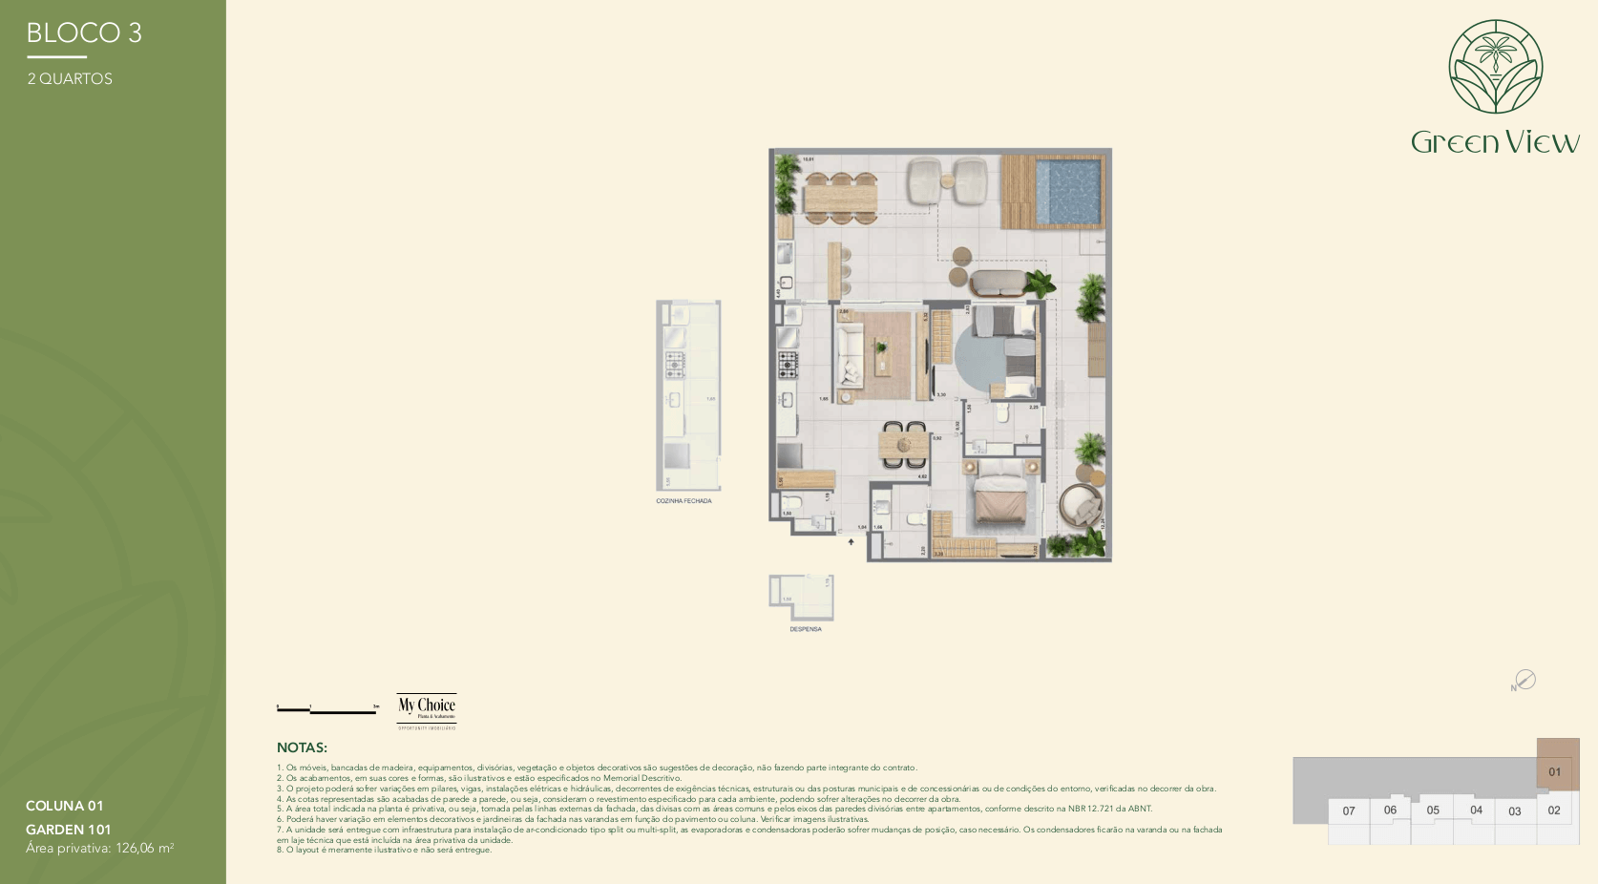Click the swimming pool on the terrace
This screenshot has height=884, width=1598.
point(1068,190)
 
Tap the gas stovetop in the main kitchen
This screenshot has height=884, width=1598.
point(788,363)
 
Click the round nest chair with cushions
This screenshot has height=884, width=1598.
point(1081,506)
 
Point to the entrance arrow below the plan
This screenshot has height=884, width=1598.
point(852,541)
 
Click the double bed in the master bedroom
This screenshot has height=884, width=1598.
point(999,499)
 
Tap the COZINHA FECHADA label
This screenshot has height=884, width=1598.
point(683,501)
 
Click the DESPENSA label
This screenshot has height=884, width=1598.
point(805,629)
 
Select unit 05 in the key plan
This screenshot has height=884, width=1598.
point(1432,810)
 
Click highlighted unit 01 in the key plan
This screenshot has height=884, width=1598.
point(1555,771)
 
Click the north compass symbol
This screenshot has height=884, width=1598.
point(1524,680)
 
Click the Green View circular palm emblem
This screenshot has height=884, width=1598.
point(1495,67)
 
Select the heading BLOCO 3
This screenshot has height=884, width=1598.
point(84,33)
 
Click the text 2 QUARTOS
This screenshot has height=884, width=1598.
point(70,79)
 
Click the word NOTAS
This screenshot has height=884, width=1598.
point(302,747)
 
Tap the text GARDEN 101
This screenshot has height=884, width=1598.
point(69,830)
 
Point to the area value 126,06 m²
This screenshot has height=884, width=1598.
point(144,848)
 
